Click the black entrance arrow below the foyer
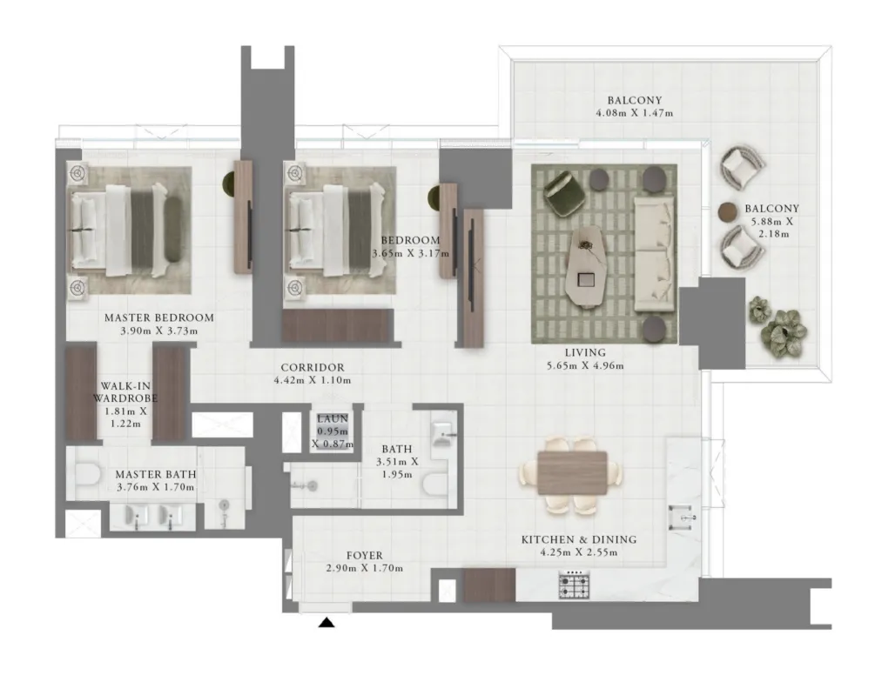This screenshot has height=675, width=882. coord(327,623)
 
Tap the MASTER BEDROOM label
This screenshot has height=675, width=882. coord(159,317)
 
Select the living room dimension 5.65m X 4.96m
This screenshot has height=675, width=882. coord(585,366)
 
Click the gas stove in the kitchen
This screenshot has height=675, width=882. coord(574,585)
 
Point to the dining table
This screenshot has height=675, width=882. coord(572,472)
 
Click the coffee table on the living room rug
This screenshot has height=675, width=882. coord(588,264)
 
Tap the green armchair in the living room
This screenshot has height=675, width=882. coord(563,192)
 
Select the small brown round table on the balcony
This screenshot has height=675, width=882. coord(727,211)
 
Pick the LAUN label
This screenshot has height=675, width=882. coord(333,418)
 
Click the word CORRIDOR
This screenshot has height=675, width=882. coord(313,368)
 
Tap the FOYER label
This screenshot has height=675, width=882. coord(365,555)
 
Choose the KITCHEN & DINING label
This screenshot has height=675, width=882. coord(579,539)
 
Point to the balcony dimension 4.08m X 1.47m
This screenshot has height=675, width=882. coord(635,113)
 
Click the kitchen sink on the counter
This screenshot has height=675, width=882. coord(682,518)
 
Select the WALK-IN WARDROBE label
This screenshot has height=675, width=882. coord(125,392)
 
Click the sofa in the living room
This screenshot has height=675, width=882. coord(655,254)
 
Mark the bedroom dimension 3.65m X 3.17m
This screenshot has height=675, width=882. coord(411,253)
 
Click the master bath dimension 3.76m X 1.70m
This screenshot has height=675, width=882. coord(155,487)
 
